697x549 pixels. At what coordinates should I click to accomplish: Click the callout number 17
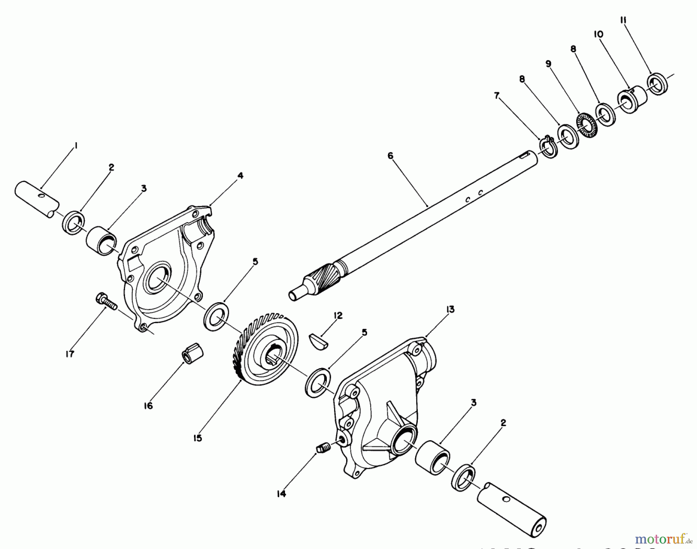[70, 354]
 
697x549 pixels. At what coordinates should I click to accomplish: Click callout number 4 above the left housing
[240, 176]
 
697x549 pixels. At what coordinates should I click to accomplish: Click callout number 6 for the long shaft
[390, 156]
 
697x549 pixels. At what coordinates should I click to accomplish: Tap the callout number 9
[548, 64]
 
